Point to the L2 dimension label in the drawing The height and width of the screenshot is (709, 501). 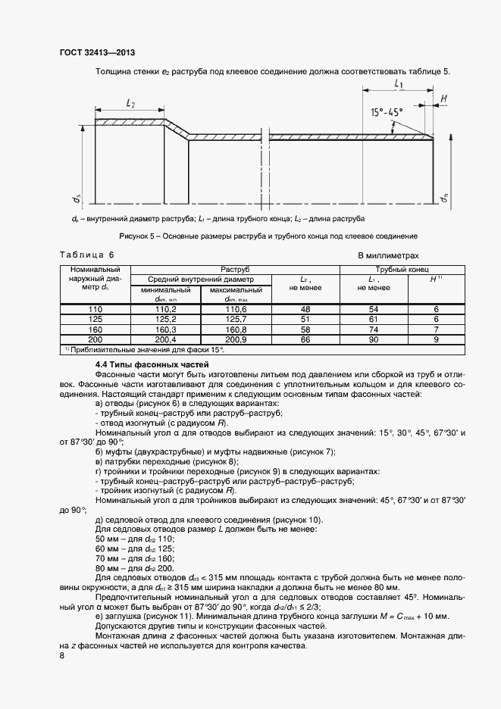click(x=130, y=102)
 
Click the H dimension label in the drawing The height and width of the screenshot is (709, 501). click(x=443, y=98)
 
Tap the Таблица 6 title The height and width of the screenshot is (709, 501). click(x=86, y=256)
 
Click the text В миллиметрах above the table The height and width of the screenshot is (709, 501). click(x=388, y=256)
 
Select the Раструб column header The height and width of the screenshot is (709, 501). click(x=235, y=269)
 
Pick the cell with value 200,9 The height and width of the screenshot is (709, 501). click(x=236, y=339)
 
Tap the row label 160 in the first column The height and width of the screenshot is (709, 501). click(x=95, y=330)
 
